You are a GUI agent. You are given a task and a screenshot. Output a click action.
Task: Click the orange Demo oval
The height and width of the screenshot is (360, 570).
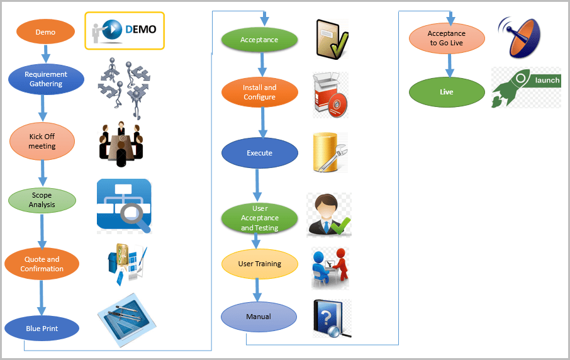45,32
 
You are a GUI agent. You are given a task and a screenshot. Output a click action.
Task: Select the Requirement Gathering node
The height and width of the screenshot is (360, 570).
46,79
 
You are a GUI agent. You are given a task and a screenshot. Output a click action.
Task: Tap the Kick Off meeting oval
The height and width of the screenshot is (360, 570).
42,141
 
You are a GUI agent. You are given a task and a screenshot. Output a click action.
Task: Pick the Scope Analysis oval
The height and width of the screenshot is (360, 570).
42,200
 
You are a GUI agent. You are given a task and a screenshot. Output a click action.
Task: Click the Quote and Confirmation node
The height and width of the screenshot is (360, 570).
42,264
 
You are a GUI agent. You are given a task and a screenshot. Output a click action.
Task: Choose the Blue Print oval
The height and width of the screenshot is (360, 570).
42,328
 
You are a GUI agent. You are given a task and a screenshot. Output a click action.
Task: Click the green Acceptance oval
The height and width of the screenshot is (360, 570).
259,40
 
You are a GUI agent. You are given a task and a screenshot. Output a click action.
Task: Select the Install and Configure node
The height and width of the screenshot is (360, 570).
259,93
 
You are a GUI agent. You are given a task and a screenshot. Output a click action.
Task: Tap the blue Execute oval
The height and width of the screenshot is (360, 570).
259,153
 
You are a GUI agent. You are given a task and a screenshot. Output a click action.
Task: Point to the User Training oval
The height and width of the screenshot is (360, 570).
259,264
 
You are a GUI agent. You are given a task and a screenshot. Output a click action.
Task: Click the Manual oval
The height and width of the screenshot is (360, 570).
259,316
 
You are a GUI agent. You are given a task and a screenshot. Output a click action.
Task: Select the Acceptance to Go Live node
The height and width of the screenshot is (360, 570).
447,38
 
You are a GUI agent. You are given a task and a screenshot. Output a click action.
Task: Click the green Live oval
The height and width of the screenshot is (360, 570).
447,92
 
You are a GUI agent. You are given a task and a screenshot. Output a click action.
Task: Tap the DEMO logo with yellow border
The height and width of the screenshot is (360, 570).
125,30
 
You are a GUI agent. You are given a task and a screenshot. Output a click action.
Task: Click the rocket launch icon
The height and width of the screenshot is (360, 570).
525,87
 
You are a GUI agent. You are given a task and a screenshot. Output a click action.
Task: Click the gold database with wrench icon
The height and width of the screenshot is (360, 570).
329,153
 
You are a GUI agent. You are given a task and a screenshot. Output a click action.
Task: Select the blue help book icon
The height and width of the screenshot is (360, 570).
330,318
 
